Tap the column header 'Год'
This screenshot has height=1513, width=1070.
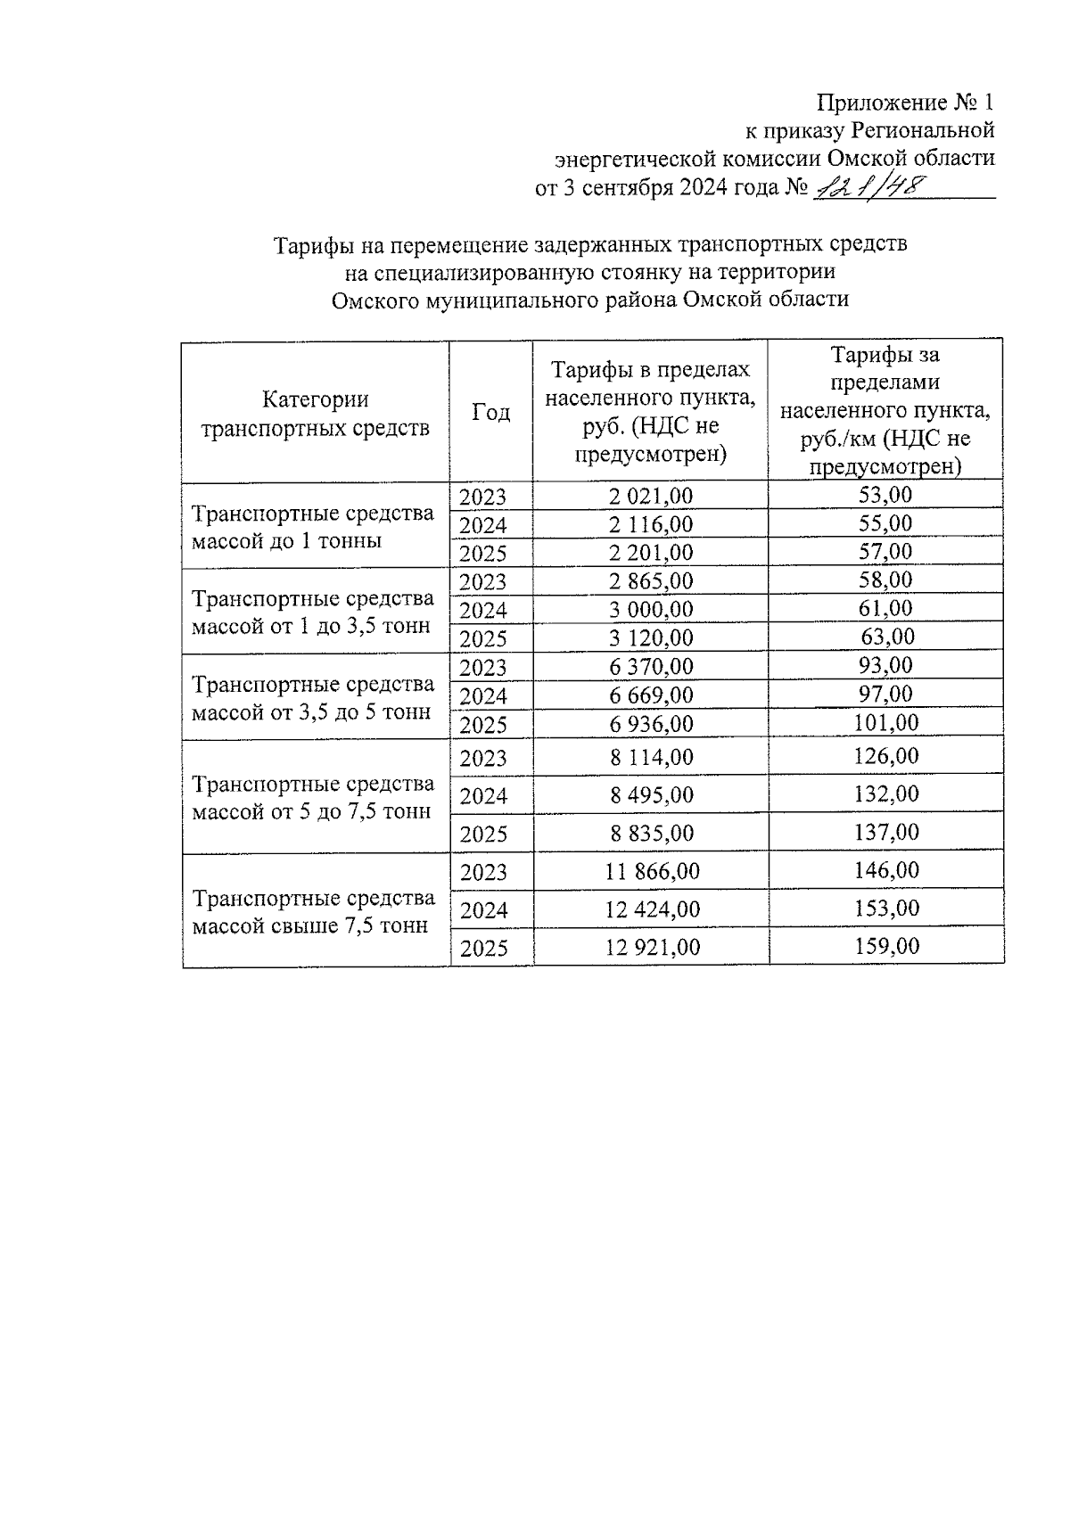click(490, 412)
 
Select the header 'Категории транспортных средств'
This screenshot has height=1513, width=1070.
click(315, 414)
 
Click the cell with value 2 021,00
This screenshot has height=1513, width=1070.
click(651, 497)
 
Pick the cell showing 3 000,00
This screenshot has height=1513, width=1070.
click(651, 610)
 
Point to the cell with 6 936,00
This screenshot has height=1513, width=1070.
click(651, 724)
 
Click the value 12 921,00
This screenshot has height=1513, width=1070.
click(653, 947)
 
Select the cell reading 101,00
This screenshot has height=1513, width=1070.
click(885, 722)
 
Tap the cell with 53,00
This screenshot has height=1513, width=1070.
click(885, 495)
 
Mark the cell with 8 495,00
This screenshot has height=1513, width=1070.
click(651, 795)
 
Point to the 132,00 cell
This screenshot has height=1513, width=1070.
click(885, 794)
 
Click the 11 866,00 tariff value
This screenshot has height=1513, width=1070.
click(653, 871)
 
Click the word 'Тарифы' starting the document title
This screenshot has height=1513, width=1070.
click(308, 243)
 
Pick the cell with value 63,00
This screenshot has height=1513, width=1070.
click(885, 637)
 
